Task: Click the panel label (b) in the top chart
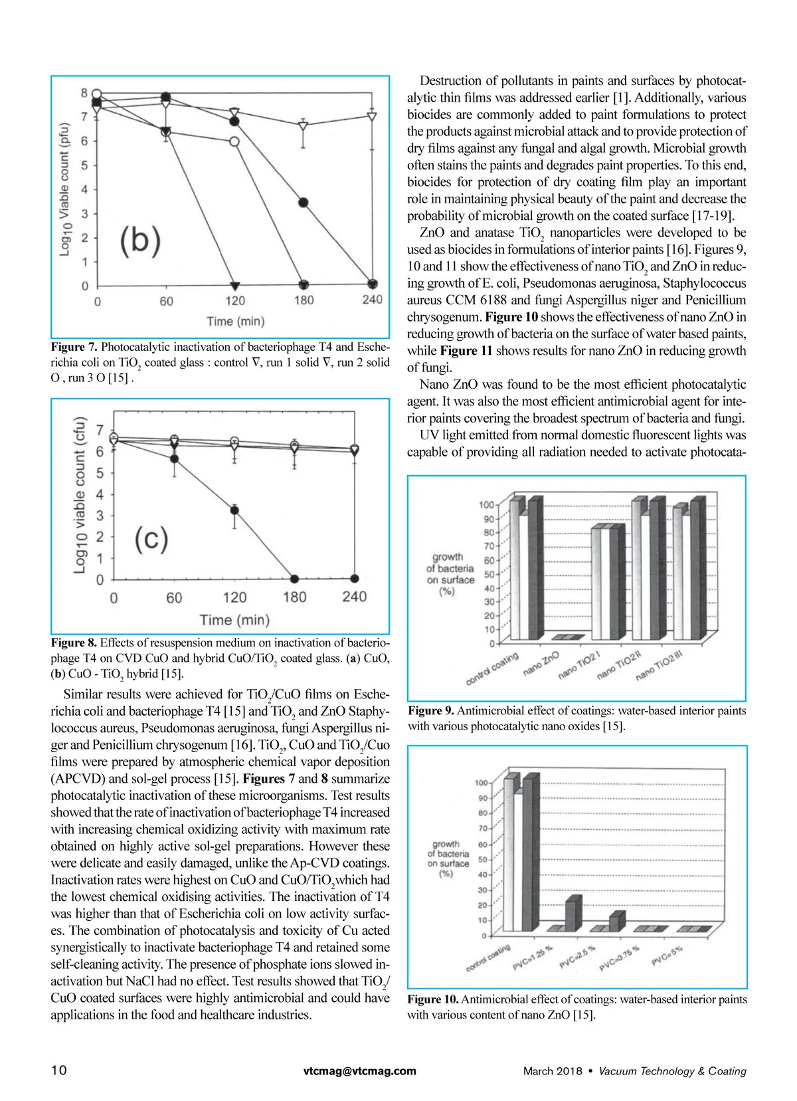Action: click(140, 241)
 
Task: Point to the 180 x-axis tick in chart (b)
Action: click(304, 300)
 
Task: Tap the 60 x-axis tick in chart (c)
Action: click(174, 597)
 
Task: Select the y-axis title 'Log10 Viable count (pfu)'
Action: click(64, 189)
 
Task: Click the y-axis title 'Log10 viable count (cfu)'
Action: click(80, 494)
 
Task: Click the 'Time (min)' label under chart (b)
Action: click(235, 322)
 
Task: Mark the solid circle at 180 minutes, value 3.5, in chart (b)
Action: click(304, 202)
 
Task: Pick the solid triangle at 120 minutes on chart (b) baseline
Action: click(234, 284)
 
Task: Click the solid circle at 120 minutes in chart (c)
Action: click(234, 510)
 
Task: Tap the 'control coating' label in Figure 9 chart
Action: click(492, 668)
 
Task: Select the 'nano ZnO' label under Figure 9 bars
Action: click(541, 663)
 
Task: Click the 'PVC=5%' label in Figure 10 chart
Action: click(667, 954)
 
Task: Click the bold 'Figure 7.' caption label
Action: click(74, 347)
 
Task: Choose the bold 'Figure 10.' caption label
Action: click(432, 999)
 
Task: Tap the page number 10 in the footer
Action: click(58, 1070)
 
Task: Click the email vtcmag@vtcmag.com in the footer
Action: click(359, 1070)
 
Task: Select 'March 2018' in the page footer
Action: click(552, 1070)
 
